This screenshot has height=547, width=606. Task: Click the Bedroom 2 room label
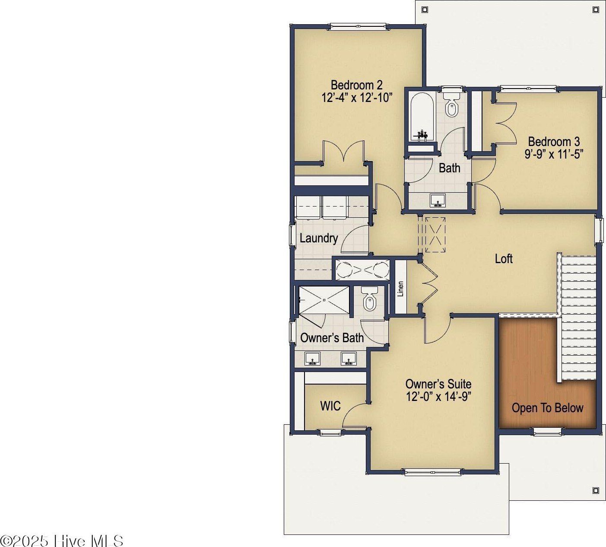(x=356, y=85)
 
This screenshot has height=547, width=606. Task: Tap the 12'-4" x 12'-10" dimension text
(x=357, y=98)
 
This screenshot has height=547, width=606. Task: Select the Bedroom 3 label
(x=554, y=141)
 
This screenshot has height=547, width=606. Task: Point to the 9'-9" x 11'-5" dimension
(x=554, y=154)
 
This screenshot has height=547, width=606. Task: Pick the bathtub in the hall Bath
(x=422, y=117)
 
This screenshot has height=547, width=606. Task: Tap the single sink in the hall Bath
(x=438, y=200)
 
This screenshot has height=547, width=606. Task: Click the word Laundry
(x=319, y=239)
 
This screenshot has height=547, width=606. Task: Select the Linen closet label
(x=400, y=289)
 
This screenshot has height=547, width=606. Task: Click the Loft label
(x=504, y=259)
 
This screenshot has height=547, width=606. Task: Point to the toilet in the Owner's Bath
(x=369, y=299)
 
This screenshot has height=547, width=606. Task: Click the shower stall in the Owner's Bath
(x=324, y=300)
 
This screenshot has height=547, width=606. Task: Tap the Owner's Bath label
(x=332, y=338)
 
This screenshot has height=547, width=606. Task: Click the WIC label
(x=330, y=406)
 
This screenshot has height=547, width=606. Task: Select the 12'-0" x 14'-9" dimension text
(x=439, y=397)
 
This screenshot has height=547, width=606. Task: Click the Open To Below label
(x=547, y=408)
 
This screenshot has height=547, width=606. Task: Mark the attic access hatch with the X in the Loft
(x=435, y=235)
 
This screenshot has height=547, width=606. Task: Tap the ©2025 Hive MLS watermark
(x=62, y=541)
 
